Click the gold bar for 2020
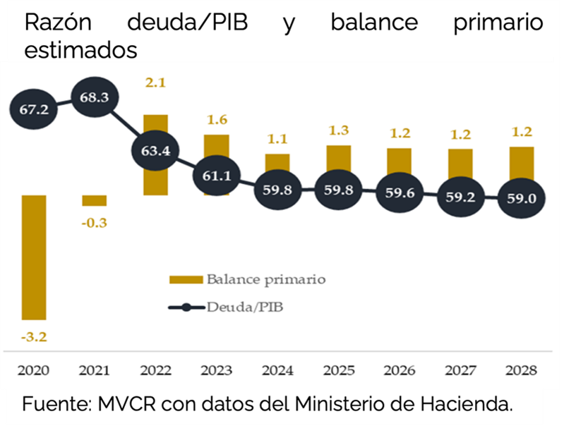point(34,257)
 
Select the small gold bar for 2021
point(94,200)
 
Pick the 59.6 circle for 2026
point(400,192)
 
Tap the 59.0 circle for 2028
point(522,198)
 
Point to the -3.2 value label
point(33,336)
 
